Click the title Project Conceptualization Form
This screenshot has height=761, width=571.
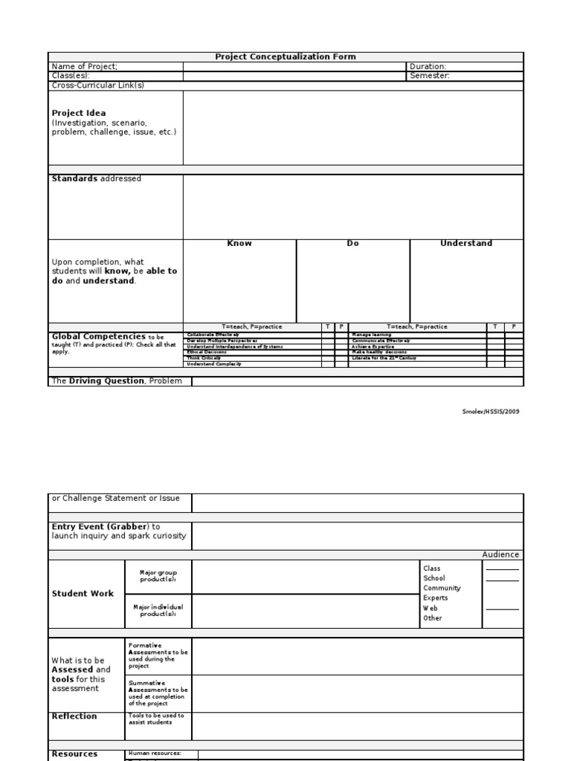[x=285, y=56]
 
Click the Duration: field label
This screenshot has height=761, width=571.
[x=428, y=66]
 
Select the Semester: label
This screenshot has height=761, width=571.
[x=429, y=76]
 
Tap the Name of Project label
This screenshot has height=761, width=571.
[x=84, y=66]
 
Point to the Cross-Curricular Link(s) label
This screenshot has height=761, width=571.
[x=97, y=85]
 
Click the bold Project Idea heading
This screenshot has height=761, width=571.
[x=78, y=113]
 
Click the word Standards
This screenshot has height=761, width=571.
[x=74, y=179]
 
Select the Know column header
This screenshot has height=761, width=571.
[x=239, y=244]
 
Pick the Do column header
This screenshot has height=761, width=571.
[x=352, y=244]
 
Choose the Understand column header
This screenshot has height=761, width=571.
[x=466, y=244]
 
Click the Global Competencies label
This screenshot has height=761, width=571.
[x=98, y=337]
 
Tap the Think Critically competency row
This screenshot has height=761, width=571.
[x=204, y=358]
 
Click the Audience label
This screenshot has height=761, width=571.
[x=501, y=554]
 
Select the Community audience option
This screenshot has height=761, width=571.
[x=442, y=588]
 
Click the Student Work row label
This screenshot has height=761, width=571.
[x=83, y=594]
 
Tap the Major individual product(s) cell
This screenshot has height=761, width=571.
[x=158, y=610]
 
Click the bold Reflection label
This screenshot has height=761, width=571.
[x=74, y=716]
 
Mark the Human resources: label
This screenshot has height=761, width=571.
[x=155, y=753]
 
